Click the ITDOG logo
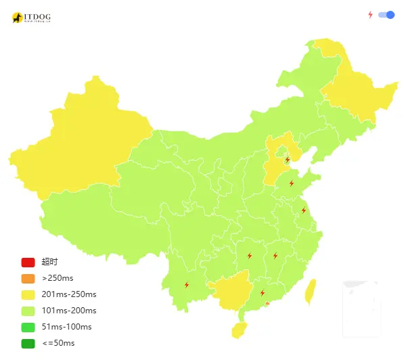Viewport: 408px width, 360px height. click(x=31, y=17)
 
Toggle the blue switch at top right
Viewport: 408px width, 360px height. click(x=386, y=15)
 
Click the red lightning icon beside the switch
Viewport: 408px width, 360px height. click(x=370, y=15)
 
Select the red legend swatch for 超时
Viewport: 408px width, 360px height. click(x=28, y=263)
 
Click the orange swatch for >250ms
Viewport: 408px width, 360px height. click(x=28, y=278)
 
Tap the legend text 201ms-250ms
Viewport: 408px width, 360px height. click(x=69, y=294)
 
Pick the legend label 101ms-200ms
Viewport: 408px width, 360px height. click(x=69, y=311)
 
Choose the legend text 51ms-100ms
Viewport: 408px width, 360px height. click(x=66, y=327)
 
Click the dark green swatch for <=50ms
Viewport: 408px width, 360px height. click(x=28, y=343)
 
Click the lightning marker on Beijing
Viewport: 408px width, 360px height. click(x=288, y=160)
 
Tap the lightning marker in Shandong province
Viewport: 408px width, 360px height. click(x=292, y=183)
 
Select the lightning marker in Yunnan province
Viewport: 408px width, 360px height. click(x=187, y=285)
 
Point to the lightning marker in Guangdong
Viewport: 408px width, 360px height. click(x=263, y=293)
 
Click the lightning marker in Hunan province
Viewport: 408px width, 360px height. click(x=250, y=256)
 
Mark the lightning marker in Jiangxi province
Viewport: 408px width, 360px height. click(x=275, y=256)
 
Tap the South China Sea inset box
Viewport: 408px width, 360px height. click(x=362, y=309)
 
